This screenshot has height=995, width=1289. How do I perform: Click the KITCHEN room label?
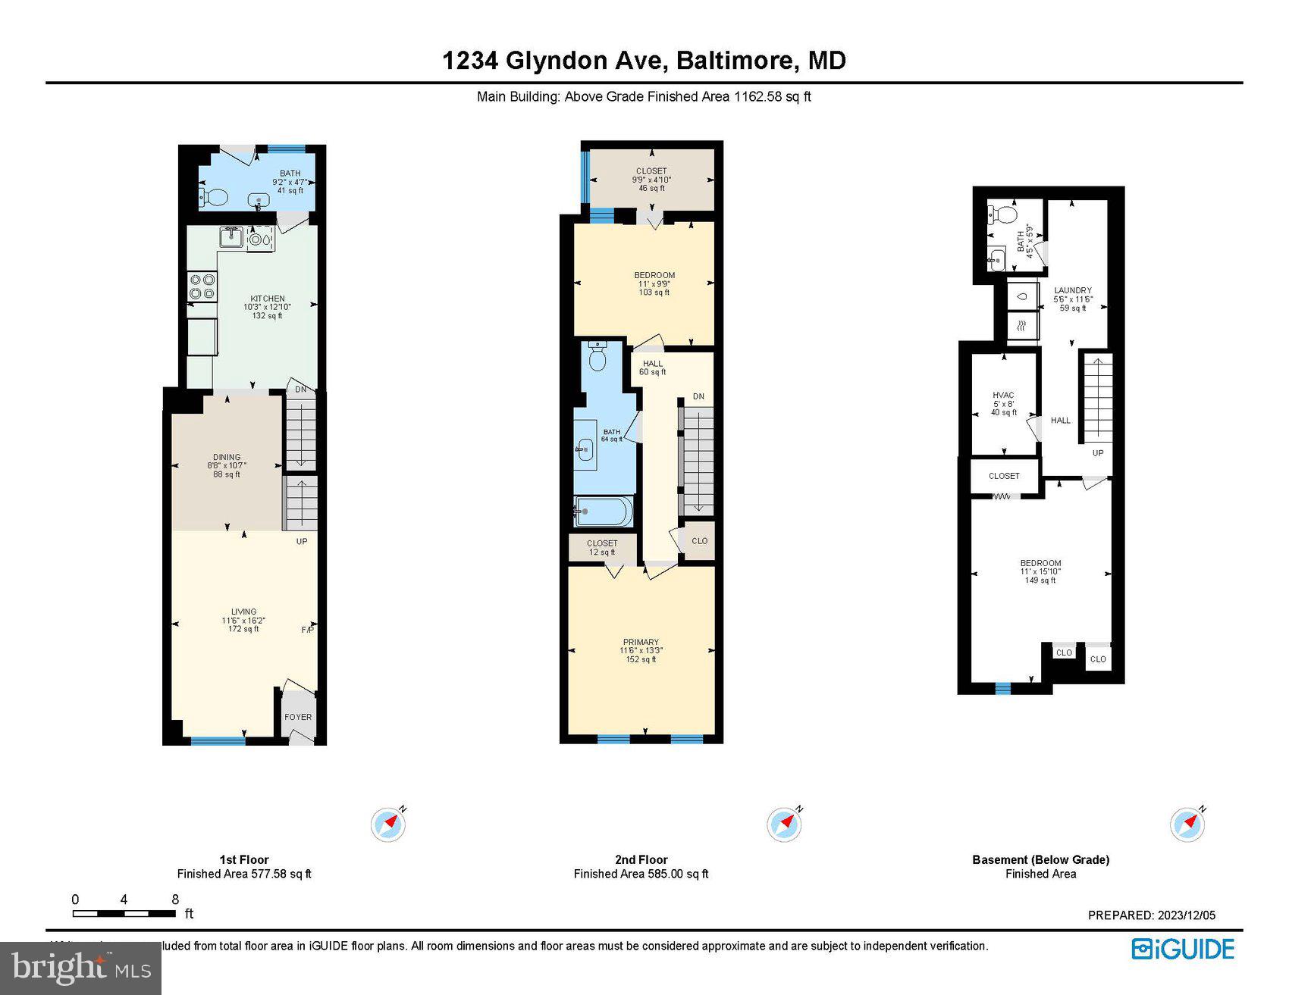(x=268, y=299)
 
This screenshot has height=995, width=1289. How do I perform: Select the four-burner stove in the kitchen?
(x=202, y=287)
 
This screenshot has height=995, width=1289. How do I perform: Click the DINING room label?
(x=227, y=458)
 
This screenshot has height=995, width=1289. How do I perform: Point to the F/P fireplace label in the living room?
(x=307, y=630)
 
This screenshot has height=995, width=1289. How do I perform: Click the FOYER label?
(x=298, y=717)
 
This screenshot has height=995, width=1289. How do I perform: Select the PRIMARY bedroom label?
(x=641, y=642)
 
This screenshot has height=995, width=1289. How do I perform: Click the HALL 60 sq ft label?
(x=652, y=368)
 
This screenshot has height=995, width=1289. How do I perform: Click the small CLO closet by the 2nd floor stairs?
(x=699, y=541)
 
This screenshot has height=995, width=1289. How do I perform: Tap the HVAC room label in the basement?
(x=1003, y=396)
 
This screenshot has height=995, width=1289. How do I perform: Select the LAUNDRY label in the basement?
(x=1073, y=290)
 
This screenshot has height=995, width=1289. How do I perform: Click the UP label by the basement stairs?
(x=1097, y=453)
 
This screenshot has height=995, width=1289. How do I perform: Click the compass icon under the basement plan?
(x=1187, y=824)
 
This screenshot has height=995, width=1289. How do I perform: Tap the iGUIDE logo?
(x=1183, y=950)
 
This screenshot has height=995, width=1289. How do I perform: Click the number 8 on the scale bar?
(x=175, y=900)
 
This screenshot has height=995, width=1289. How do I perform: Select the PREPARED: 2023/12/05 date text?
(x=1151, y=915)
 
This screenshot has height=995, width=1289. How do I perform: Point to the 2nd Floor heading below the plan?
(x=641, y=859)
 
